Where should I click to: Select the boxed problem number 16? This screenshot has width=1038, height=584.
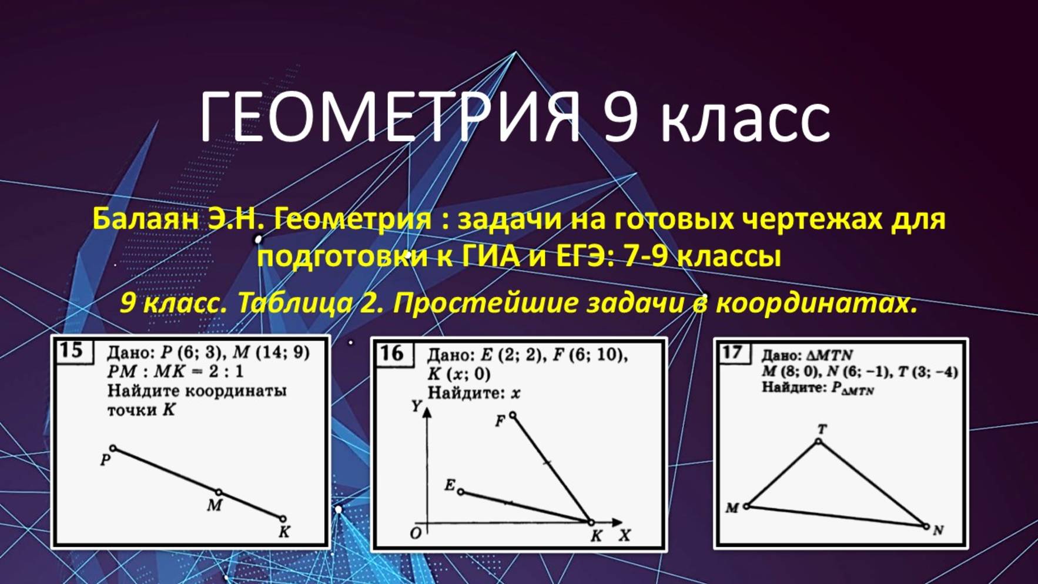point(391,353)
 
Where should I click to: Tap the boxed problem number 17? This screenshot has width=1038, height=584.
point(732,352)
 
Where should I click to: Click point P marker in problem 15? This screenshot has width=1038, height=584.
point(113,448)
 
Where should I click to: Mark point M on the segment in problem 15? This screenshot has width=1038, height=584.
point(219,492)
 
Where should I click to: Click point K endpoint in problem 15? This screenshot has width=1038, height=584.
point(283,519)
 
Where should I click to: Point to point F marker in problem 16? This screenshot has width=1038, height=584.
point(513,415)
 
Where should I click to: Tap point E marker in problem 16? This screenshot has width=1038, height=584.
point(460,491)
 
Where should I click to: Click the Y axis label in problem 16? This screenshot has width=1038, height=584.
point(416,406)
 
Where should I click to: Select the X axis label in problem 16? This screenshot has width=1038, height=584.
point(624,535)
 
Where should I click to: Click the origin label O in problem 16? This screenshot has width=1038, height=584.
point(416,533)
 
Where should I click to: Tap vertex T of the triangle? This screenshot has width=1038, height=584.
point(818,441)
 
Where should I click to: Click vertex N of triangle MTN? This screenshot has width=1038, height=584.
point(926,526)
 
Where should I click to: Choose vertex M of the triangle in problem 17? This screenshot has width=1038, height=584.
point(746,506)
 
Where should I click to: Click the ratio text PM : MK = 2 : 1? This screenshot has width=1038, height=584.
point(175,372)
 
